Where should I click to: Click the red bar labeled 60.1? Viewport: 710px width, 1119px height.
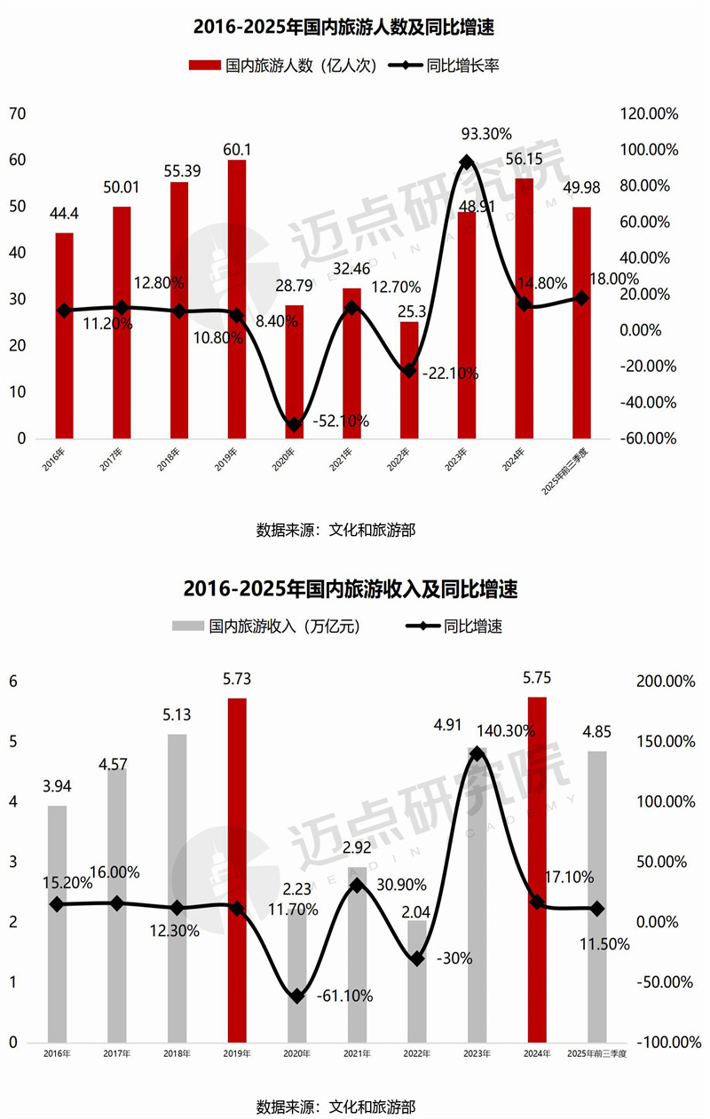236,299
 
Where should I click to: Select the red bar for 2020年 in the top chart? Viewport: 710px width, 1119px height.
294,371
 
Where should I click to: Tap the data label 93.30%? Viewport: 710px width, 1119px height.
486,134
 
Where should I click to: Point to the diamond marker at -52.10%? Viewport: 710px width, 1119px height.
294,425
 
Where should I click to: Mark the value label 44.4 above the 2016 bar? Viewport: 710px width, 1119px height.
64,214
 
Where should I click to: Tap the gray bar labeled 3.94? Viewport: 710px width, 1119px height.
57,923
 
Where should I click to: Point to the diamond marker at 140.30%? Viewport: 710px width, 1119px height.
477,753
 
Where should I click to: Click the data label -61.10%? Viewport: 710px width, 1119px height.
344,996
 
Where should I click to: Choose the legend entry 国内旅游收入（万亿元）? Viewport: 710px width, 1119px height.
267,626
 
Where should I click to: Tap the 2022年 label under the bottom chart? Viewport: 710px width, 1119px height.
415,1053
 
